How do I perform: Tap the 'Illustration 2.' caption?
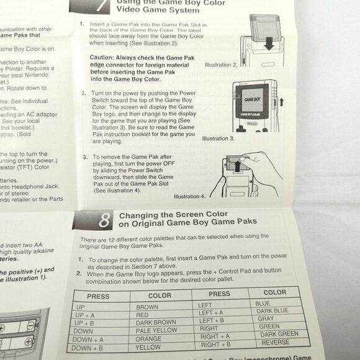222,65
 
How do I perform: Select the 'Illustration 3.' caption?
218,138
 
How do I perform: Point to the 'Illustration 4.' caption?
190,196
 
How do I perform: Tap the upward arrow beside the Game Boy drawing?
281,101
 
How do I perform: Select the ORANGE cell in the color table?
150,340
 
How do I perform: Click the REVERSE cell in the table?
275,342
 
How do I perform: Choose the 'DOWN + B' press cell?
88,349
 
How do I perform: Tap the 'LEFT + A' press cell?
212,313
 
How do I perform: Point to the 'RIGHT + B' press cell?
215,344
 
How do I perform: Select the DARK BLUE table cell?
272,310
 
